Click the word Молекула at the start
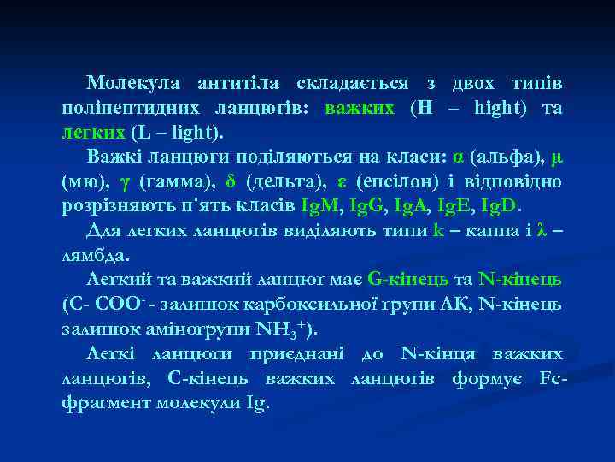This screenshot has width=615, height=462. click(132, 84)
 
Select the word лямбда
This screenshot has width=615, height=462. click(97, 255)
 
